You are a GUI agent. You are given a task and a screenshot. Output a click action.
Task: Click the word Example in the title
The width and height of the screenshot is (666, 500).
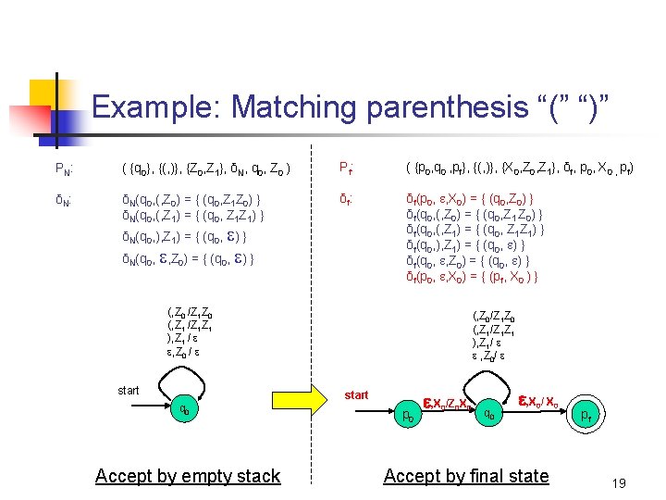[x=156, y=107]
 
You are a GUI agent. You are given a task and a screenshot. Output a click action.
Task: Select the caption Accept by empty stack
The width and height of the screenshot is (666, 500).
[x=187, y=476]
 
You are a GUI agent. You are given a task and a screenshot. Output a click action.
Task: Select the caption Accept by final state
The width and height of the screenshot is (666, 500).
[x=465, y=476]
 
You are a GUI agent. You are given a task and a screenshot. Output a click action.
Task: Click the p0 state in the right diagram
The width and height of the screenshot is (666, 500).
[x=404, y=417]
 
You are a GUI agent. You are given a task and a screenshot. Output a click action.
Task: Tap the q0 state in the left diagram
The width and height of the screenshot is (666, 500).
[x=185, y=411]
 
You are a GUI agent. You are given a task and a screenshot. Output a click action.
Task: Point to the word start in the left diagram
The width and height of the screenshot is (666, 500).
[x=128, y=390]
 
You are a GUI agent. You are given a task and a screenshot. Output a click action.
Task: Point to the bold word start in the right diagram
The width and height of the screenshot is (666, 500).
[x=355, y=395]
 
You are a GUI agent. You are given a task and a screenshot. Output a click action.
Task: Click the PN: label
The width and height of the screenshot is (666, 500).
[x=64, y=169]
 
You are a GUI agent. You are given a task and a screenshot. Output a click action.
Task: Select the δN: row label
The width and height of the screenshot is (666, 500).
[x=64, y=199]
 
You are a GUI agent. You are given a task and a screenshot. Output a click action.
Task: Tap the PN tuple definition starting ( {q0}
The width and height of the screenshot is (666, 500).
[x=207, y=169]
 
